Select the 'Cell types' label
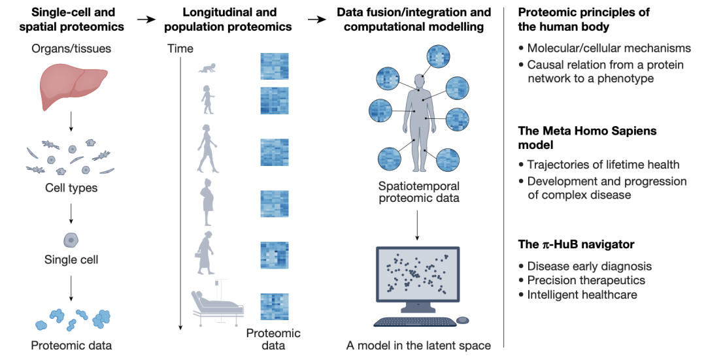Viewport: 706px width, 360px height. click(x=71, y=188)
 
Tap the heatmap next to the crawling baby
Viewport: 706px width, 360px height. click(x=274, y=67)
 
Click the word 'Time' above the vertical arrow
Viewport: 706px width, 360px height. click(x=180, y=48)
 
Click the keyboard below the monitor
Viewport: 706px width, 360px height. click(x=414, y=322)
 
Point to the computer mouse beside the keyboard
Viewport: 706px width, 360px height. click(x=462, y=320)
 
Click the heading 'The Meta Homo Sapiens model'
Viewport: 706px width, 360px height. click(x=587, y=139)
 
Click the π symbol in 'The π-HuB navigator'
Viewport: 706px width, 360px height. click(x=545, y=245)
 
